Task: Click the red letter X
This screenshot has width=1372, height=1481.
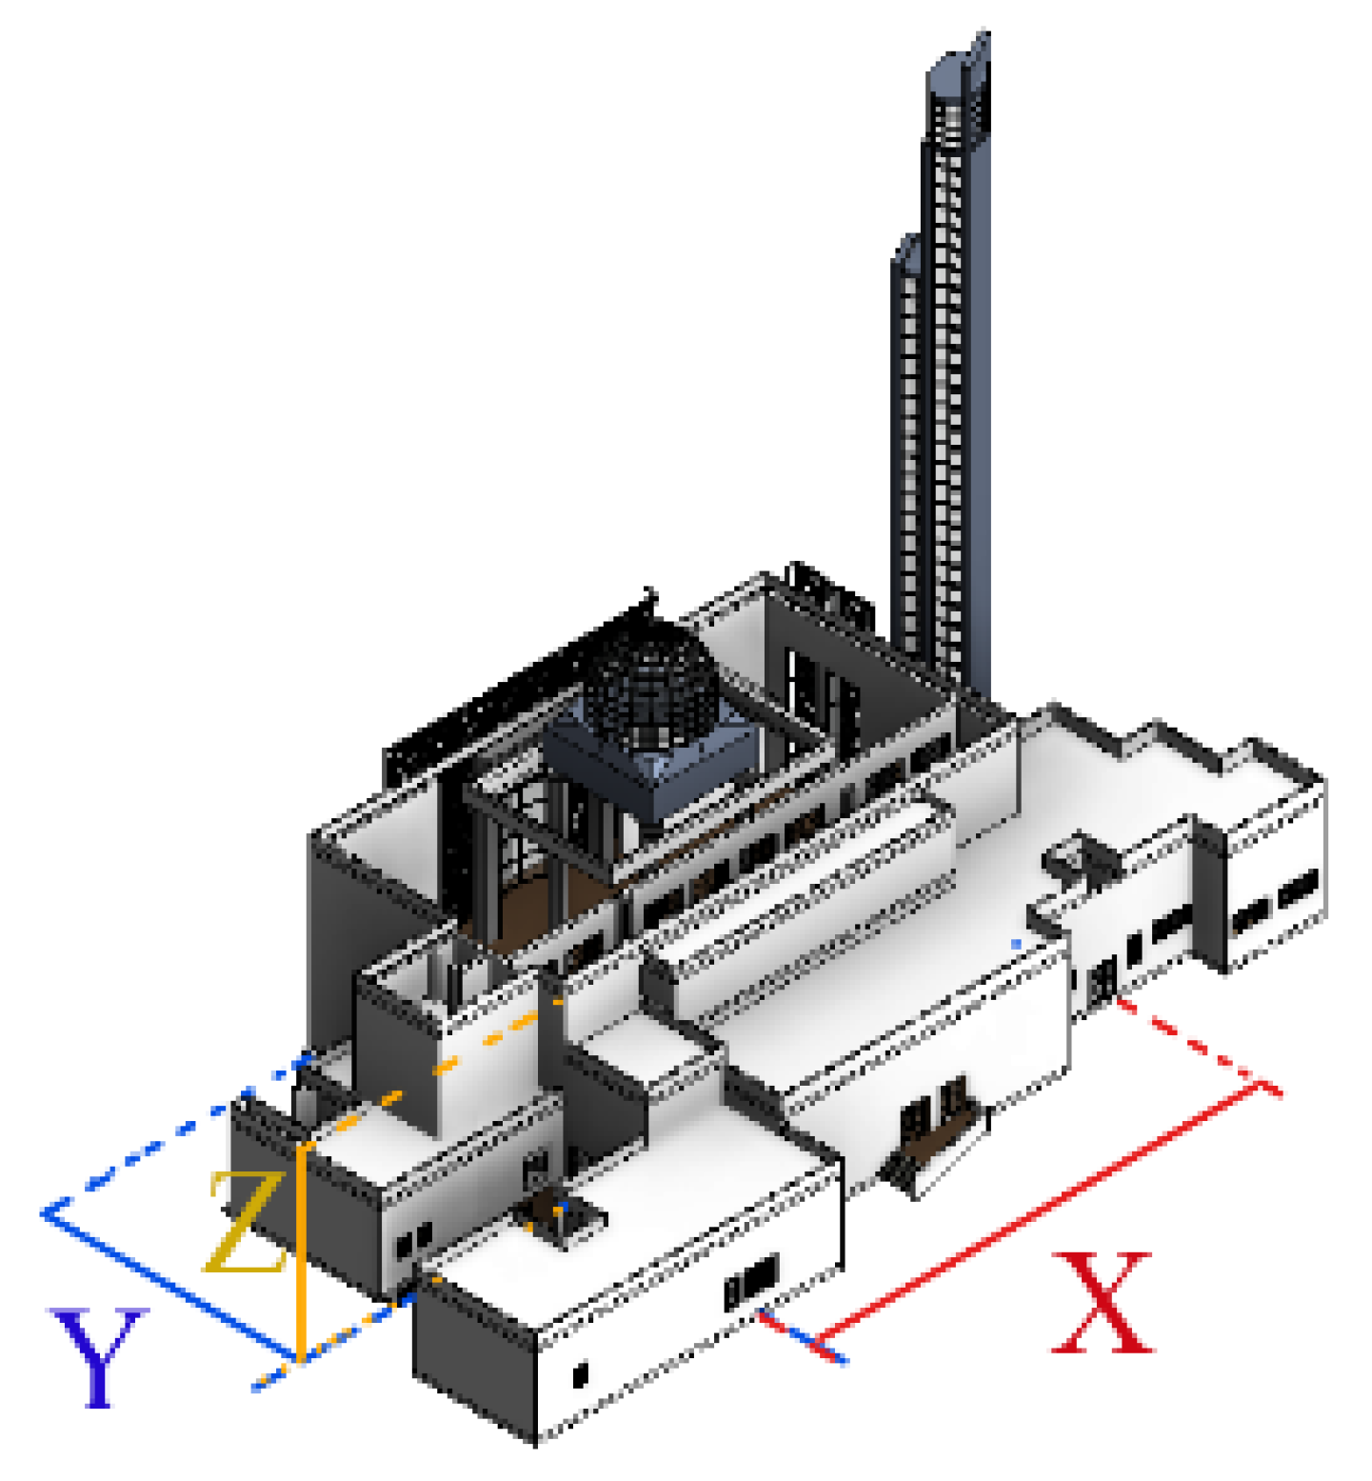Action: [1103, 1302]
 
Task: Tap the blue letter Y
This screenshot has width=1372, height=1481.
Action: [98, 1357]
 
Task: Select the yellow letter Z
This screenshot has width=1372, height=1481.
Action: [245, 1222]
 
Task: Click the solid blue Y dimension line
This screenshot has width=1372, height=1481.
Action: [169, 1285]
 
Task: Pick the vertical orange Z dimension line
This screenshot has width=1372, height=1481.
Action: [301, 1251]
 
